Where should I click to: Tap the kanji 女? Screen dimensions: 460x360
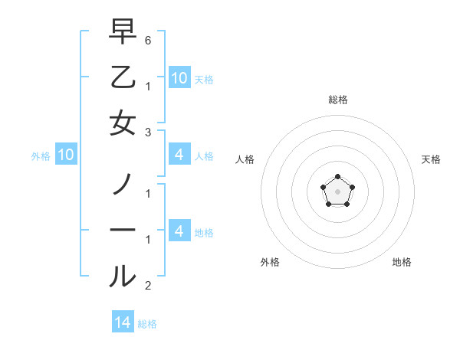[123, 123]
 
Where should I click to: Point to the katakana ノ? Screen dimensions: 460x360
[123, 184]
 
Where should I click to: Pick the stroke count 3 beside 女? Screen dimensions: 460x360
[147, 132]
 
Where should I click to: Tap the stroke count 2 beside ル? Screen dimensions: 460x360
[147, 286]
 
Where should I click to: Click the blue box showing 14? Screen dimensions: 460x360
[123, 322]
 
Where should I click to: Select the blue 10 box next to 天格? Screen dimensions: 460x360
[179, 77]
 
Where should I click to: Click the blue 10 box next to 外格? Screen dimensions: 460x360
[65, 155]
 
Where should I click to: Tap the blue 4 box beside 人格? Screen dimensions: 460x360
[179, 155]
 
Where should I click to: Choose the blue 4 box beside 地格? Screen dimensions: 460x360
[179, 231]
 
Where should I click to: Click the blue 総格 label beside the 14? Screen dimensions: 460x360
[147, 324]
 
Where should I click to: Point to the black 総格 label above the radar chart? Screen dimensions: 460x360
[337, 100]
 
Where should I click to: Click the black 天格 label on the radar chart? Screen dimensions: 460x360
[431, 159]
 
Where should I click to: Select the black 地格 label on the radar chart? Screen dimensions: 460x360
[402, 262]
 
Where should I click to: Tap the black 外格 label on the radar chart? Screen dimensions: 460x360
[270, 262]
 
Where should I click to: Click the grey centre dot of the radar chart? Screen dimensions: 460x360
[337, 191]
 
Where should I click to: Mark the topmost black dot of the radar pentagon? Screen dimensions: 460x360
[337, 178]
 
